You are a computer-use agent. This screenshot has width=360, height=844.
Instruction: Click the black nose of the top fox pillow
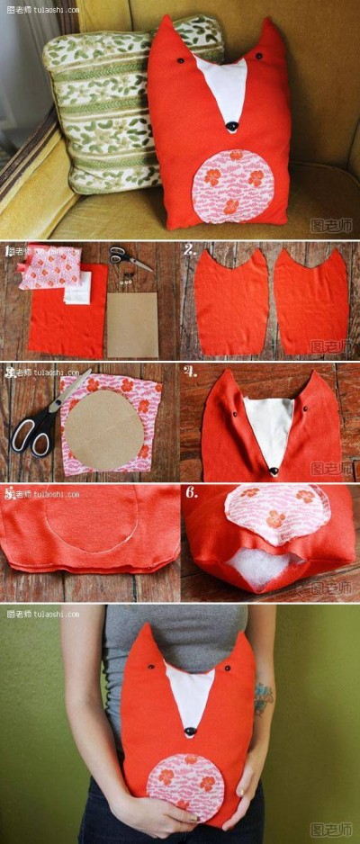(232, 127)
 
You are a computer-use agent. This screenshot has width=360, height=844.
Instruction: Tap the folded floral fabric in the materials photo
(51, 266)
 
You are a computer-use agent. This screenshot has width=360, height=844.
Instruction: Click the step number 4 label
(189, 371)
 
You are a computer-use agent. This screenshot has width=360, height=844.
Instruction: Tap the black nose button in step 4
(274, 471)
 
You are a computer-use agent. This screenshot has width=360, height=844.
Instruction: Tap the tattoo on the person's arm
(262, 697)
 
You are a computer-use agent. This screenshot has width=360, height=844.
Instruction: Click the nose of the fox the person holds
(190, 732)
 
